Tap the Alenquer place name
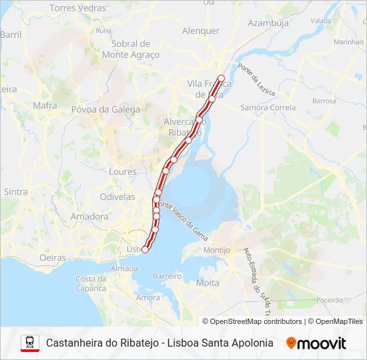coord(200,31)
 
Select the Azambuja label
coord(268,23)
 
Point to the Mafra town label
coord(45,105)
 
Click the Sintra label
coord(15,191)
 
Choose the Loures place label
coord(122,171)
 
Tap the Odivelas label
coord(117,197)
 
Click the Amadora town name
coord(89,217)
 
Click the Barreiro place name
coord(167,275)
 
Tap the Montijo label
coord(217,250)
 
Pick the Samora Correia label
coord(268,107)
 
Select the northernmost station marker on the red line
coord(222,78)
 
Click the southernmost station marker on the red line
coord(145,249)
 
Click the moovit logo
coord(316,343)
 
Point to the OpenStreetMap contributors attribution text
coord(252,321)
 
